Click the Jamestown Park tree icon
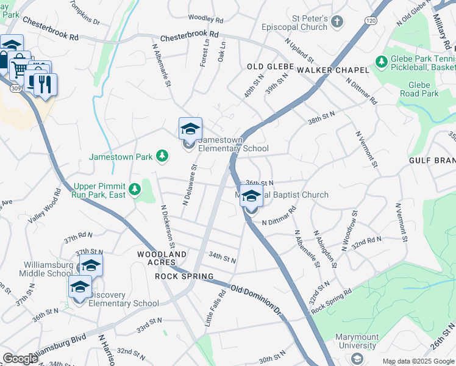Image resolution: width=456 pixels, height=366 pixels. tap(162, 157)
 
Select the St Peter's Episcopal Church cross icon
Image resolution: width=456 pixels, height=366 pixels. tap(337, 23)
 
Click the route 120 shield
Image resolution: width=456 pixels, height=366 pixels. tap(371, 20)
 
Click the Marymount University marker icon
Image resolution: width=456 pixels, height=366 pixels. tap(356, 358)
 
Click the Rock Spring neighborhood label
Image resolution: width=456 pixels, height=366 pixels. tap(184, 276)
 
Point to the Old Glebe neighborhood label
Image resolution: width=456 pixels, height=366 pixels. tap(271, 66)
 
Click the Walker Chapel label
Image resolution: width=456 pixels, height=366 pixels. tap(333, 70)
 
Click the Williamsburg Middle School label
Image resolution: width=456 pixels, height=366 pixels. tap(48, 269)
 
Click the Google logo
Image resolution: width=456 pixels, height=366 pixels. tap(20, 359)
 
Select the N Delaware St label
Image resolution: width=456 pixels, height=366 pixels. tap(188, 184)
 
